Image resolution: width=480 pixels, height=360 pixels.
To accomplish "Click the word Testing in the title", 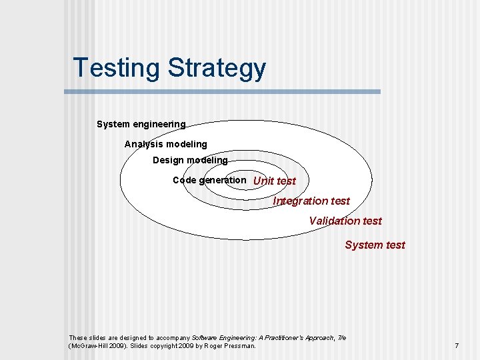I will tap(117, 69).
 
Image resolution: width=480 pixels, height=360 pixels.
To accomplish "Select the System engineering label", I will tap(141, 124).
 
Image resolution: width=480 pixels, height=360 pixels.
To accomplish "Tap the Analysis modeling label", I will tap(165, 144).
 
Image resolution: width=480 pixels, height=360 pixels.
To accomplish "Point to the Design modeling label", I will tap(190, 160).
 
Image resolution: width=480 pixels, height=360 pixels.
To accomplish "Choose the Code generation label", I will tap(209, 180).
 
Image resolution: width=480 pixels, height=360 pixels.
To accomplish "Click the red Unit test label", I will tap(274, 181).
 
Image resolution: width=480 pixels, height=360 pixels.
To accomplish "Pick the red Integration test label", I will tap(311, 201).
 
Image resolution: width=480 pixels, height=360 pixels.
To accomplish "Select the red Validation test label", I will tap(345, 221).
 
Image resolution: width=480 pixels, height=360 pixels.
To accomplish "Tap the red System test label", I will tap(375, 245).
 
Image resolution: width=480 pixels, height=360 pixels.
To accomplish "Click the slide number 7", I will tap(457, 345).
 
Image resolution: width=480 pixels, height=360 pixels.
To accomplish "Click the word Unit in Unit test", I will tap(263, 181).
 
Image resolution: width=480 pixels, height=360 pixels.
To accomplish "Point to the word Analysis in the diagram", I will tap(144, 144).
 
